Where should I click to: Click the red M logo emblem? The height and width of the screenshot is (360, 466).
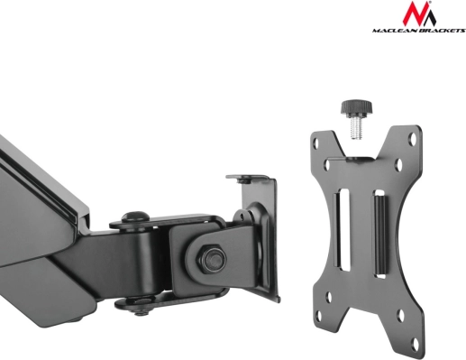tap(419, 14)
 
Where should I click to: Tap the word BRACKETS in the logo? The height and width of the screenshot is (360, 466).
tap(441, 31)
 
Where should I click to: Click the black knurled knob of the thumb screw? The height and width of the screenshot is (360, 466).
tap(356, 107)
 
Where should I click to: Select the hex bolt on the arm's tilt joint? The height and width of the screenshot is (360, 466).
tap(211, 259)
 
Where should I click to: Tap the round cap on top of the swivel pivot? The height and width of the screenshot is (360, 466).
tap(134, 217)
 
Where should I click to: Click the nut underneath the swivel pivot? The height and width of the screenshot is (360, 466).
tap(142, 311)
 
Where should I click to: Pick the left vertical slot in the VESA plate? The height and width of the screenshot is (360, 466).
tap(343, 229)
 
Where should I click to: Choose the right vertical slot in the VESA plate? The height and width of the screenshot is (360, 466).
tap(379, 234)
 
